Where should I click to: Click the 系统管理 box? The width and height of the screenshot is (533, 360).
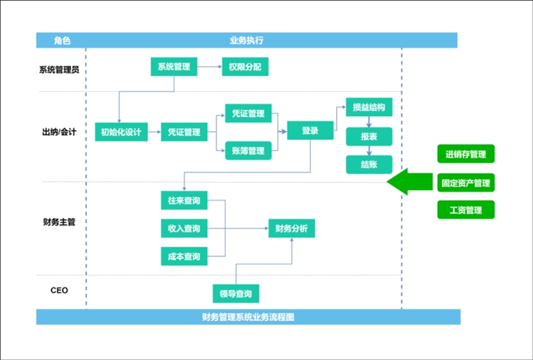[x=173, y=67]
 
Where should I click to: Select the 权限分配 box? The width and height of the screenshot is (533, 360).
[x=244, y=67]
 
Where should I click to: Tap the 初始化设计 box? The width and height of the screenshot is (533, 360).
[x=121, y=131]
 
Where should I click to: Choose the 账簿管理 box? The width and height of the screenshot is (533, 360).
[x=248, y=151]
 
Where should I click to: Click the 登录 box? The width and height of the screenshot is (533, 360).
[x=310, y=131]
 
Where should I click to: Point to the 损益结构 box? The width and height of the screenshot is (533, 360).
[x=369, y=108]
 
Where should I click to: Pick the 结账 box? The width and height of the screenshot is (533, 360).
[x=369, y=164]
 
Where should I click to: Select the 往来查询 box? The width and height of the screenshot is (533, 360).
[x=183, y=201]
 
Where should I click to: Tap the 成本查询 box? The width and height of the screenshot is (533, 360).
[x=183, y=256]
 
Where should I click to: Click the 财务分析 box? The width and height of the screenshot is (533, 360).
[x=291, y=229]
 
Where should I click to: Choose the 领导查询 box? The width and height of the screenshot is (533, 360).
[x=236, y=293]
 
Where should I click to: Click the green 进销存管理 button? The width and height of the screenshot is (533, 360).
[x=465, y=154]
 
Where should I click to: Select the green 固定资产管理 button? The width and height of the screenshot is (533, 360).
[x=465, y=182]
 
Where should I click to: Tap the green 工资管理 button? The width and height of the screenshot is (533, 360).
[x=465, y=210]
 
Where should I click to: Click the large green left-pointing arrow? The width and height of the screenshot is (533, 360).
[x=409, y=182]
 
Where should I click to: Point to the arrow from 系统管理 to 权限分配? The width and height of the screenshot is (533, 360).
[x=209, y=67]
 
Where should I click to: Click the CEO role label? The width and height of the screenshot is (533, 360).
[x=60, y=290]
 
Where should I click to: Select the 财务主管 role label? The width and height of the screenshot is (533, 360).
[x=60, y=222]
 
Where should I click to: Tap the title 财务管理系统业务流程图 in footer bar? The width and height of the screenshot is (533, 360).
[x=248, y=317]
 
